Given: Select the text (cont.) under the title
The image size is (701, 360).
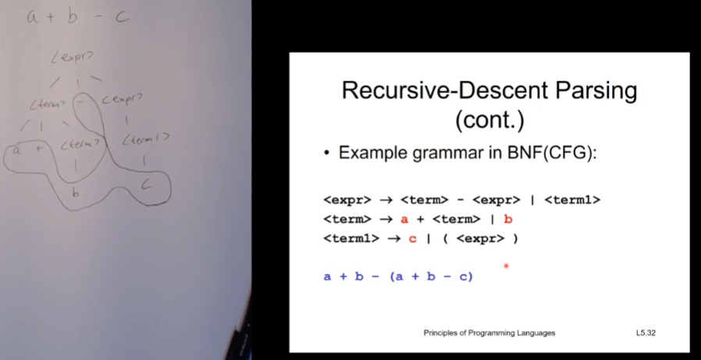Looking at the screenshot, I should pos(489,122).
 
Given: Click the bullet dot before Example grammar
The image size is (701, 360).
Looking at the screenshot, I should pos(327,154).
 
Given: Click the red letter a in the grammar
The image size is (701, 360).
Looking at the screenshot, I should pos(404,219).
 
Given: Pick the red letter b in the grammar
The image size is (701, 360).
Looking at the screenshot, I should pos(508,219).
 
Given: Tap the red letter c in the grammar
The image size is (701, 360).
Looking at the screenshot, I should pos(413,239).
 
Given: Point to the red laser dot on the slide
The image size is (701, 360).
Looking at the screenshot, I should pos(506,266).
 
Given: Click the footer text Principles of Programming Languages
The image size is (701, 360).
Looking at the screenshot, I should pos(489,333).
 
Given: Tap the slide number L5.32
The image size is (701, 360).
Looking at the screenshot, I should pos(646,333).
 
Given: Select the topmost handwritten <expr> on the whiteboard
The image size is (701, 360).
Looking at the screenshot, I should pos(72,56).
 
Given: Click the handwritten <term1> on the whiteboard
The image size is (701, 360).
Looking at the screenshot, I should pos(147,140).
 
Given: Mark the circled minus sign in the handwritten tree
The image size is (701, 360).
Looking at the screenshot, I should pos(80,102).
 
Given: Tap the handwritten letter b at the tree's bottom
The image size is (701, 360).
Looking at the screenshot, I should pos(77,193).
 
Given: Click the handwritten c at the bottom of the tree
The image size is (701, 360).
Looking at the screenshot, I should pos(146,184).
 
